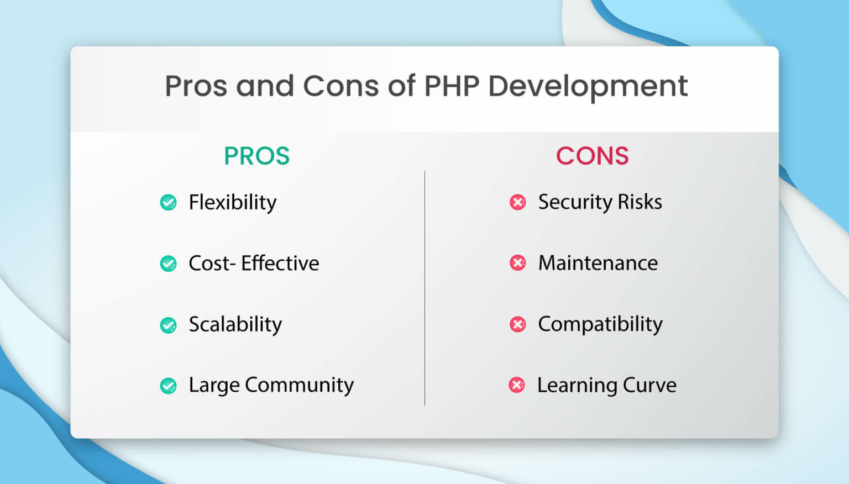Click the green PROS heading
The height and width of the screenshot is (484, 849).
pos(256,156)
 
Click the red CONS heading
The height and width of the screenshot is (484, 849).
pos(592,156)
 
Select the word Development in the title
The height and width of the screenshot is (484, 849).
pos(588,86)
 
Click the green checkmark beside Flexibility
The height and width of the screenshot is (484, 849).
pos(169,203)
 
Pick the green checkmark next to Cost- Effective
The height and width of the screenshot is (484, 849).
pos(169,264)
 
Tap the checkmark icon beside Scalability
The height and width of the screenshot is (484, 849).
pos(169,325)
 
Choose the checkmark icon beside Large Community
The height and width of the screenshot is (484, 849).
pos(169,386)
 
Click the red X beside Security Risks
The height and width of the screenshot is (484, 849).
pos(518,202)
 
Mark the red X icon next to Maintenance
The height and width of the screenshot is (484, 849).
pos(518,263)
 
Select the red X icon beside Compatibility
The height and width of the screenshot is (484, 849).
pos(518,324)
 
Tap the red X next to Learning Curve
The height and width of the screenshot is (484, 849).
pos(517,385)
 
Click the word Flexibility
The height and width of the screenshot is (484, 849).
pos(232,203)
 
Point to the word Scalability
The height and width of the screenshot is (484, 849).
pos(235,324)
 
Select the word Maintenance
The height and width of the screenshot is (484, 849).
pos(598,263)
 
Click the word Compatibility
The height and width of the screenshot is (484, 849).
pos(600,324)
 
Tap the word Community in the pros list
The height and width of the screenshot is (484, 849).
pos(299,385)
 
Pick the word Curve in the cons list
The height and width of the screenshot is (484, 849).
pos(649,385)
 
